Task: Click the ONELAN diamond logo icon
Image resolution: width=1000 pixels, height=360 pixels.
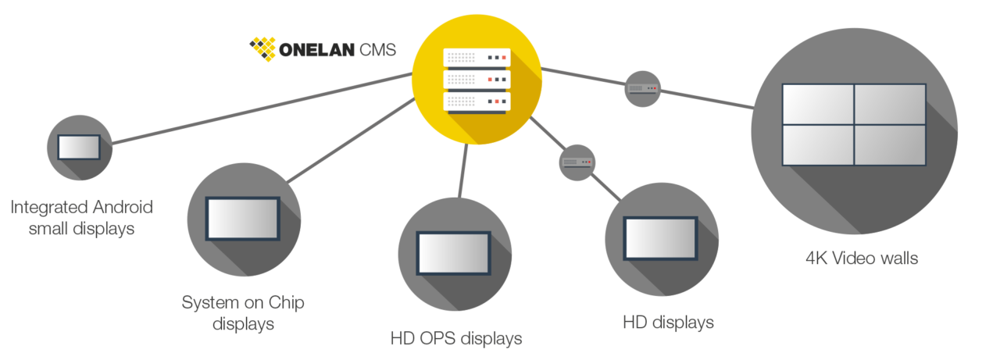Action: click(x=262, y=48)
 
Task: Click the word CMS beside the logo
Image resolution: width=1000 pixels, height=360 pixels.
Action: click(x=377, y=50)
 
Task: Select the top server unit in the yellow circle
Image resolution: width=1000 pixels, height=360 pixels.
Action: click(x=477, y=58)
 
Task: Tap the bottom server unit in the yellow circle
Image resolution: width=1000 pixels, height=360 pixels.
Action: click(x=477, y=102)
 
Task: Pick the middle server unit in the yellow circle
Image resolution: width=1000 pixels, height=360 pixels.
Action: click(x=477, y=80)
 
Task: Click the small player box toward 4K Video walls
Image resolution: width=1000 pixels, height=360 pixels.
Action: click(x=643, y=89)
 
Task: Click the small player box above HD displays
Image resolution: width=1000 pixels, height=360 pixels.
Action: click(x=577, y=162)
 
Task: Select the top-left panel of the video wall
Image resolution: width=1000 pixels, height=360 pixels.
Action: click(x=817, y=104)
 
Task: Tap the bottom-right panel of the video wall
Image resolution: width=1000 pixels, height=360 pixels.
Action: click(x=890, y=144)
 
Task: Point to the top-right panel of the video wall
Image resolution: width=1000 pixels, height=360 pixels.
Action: click(x=890, y=104)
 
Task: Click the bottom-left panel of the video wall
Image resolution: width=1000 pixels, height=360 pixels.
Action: click(x=817, y=144)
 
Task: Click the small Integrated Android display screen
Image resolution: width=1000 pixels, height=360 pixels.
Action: click(x=79, y=147)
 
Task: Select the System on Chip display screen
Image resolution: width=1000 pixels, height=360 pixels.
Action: click(x=242, y=218)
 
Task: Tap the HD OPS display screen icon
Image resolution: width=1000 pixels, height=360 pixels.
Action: click(x=453, y=252)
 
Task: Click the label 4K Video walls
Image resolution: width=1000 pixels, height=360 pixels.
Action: click(x=861, y=258)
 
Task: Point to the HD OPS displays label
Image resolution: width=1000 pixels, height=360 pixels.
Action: click(x=455, y=339)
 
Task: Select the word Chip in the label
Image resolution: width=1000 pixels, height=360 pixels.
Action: click(x=286, y=303)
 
